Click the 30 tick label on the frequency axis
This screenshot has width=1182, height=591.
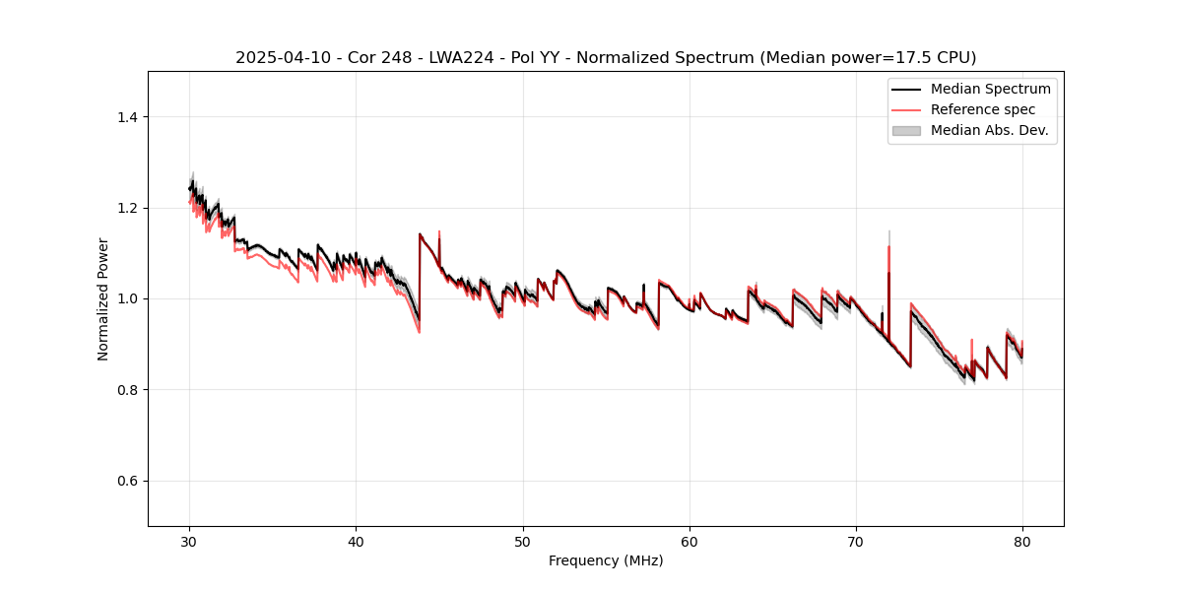point(190,541)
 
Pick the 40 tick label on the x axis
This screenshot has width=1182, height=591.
point(357,541)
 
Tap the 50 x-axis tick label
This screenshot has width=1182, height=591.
point(523,541)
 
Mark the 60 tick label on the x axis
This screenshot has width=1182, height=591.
point(689,541)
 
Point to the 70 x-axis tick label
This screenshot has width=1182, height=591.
point(856,541)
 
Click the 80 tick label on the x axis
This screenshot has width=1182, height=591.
point(1022,541)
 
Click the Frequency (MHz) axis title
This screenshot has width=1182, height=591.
point(606,560)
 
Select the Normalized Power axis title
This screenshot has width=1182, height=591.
point(103,298)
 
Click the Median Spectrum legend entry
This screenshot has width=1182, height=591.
point(990,89)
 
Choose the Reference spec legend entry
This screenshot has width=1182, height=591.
point(982,109)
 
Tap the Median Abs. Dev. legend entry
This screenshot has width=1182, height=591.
point(989,130)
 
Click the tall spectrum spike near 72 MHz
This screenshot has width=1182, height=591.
point(888,246)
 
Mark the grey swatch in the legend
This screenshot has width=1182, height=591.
point(906,130)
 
